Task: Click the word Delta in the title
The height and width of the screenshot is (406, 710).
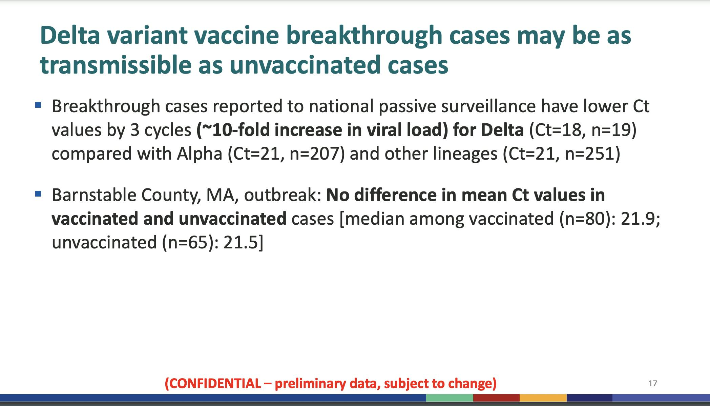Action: tap(70, 35)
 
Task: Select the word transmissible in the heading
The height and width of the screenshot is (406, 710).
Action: tap(116, 65)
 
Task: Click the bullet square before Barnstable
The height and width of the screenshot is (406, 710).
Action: tap(38, 194)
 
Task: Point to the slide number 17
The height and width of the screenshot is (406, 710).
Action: tap(653, 383)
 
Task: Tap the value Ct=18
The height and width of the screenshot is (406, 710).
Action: tap(560, 130)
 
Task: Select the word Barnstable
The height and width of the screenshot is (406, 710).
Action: tap(94, 195)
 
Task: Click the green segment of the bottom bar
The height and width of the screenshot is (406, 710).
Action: tap(450, 398)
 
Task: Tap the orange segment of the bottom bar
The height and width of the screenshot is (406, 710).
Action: tap(543, 398)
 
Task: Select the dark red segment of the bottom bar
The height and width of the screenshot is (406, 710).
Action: tap(496, 398)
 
